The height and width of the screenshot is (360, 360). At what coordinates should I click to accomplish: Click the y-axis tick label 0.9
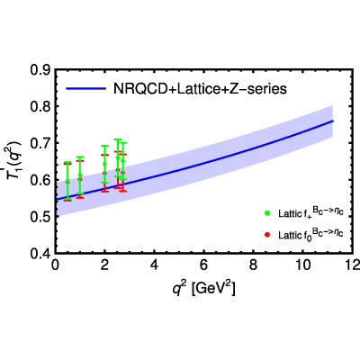[x=40, y=70]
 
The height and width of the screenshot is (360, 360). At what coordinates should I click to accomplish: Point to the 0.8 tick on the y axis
[x=40, y=106]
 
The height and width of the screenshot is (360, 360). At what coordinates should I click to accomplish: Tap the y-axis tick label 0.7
[x=40, y=143]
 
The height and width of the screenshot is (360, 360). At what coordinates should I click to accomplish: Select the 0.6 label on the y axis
[x=40, y=180]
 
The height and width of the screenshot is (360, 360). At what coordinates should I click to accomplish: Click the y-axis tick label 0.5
[x=40, y=217]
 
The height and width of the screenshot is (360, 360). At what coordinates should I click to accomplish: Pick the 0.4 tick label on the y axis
[x=40, y=254]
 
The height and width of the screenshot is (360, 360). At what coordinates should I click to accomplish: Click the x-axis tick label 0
[x=55, y=265]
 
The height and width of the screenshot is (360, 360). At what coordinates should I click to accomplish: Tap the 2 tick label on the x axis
[x=104, y=265]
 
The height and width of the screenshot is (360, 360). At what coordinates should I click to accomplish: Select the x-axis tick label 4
[x=154, y=265]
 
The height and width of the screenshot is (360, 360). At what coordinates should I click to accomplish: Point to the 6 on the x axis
[x=203, y=265]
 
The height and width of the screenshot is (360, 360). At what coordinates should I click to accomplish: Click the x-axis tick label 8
[x=254, y=265]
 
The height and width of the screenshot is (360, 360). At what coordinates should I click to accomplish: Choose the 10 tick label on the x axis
[x=303, y=265]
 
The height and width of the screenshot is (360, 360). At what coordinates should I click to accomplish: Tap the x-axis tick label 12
[x=352, y=265]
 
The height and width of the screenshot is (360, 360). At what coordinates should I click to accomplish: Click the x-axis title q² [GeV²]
[x=203, y=288]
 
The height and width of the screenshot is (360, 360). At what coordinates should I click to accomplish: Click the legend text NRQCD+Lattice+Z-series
[x=200, y=89]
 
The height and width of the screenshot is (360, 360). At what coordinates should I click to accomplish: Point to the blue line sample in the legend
[x=86, y=88]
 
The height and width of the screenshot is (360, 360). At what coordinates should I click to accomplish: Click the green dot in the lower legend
[x=267, y=213]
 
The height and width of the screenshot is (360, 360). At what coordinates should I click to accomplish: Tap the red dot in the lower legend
[x=267, y=234]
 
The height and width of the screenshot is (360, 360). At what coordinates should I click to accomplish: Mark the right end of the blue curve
[x=333, y=121]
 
